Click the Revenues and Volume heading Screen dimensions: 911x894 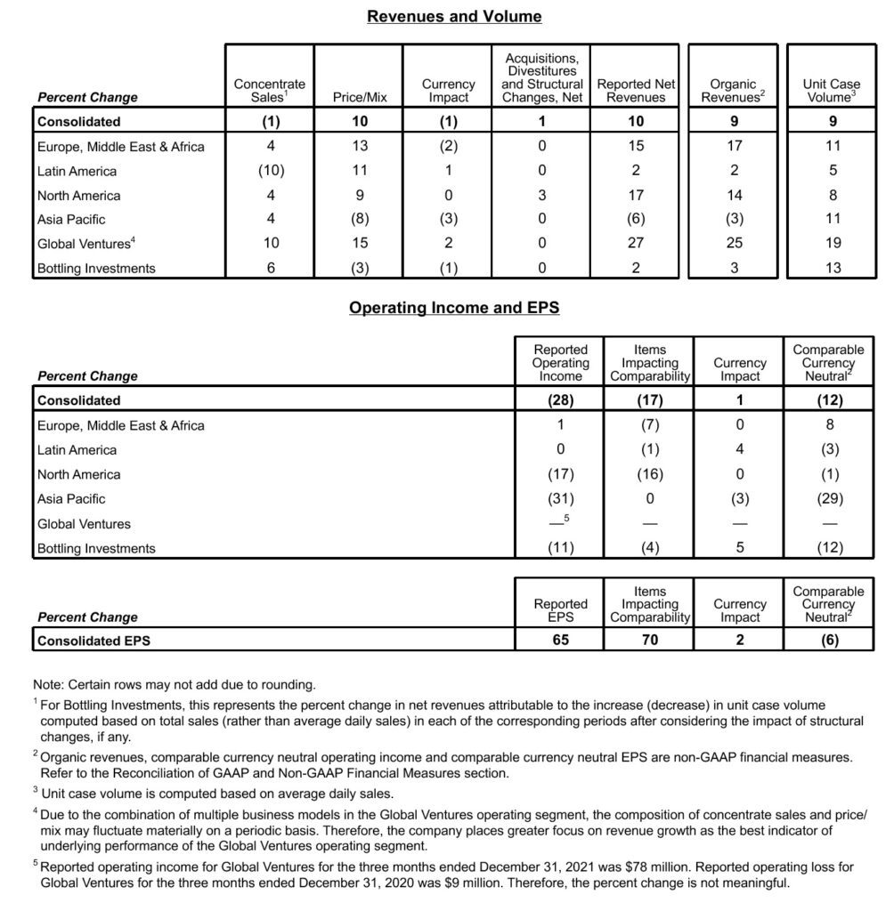(454, 16)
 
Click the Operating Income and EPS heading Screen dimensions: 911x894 (454, 308)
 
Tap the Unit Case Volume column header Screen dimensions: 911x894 (832, 91)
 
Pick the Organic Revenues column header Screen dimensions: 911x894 (733, 91)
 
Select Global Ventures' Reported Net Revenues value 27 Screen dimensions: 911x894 (636, 244)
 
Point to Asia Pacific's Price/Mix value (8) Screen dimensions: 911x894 (359, 220)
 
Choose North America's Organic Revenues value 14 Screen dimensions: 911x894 (733, 195)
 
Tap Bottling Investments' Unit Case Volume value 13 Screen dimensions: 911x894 (833, 269)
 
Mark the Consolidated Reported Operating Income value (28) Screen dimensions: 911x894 (560, 400)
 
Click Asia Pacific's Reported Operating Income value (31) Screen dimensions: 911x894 (560, 499)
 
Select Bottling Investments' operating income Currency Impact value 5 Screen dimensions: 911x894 (739, 548)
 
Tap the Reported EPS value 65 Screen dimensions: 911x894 (560, 639)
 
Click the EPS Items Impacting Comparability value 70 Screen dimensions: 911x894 (650, 639)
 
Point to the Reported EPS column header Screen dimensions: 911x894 (560, 610)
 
